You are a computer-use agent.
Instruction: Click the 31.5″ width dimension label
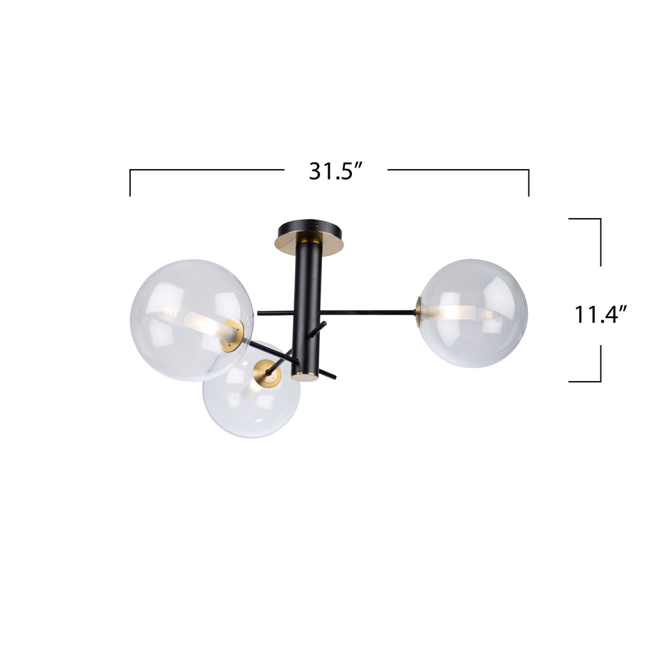(336, 171)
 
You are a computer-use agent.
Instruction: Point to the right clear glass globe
(472, 313)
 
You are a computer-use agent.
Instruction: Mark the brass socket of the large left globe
(233, 335)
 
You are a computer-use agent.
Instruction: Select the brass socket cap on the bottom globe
(267, 374)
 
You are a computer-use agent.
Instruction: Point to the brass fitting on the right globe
(418, 312)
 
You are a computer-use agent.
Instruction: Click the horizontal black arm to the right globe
(367, 312)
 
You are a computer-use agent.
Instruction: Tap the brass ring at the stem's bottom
(305, 376)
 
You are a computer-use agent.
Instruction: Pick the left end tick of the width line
(130, 184)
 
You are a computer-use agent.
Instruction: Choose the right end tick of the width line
(528, 184)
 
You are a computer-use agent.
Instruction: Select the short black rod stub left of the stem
(274, 312)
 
